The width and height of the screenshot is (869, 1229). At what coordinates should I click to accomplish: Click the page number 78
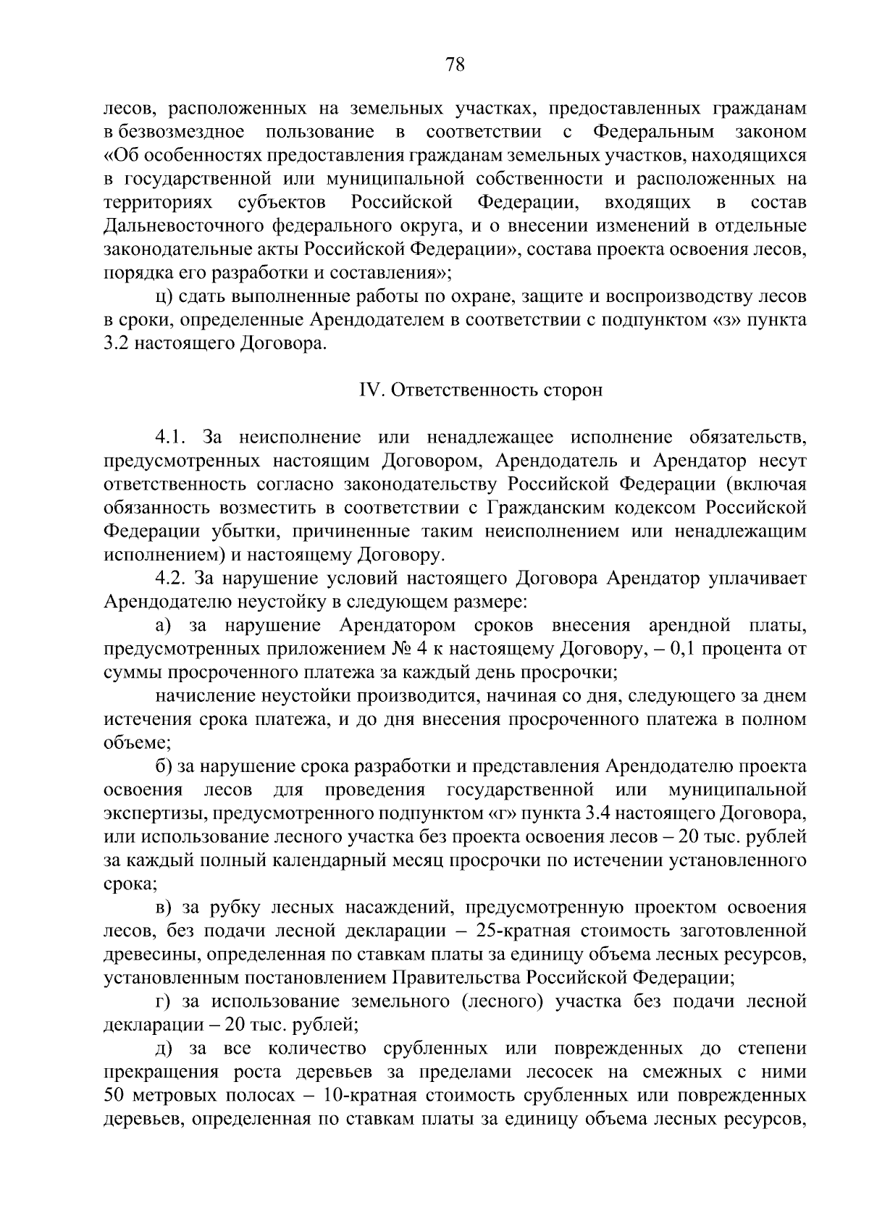click(x=455, y=65)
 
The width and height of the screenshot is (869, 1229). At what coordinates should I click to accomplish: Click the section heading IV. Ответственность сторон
click(x=481, y=390)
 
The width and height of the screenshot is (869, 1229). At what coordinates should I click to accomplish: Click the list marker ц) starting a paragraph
click(x=161, y=297)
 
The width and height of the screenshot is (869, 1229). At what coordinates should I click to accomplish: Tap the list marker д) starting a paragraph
click(x=161, y=1049)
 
